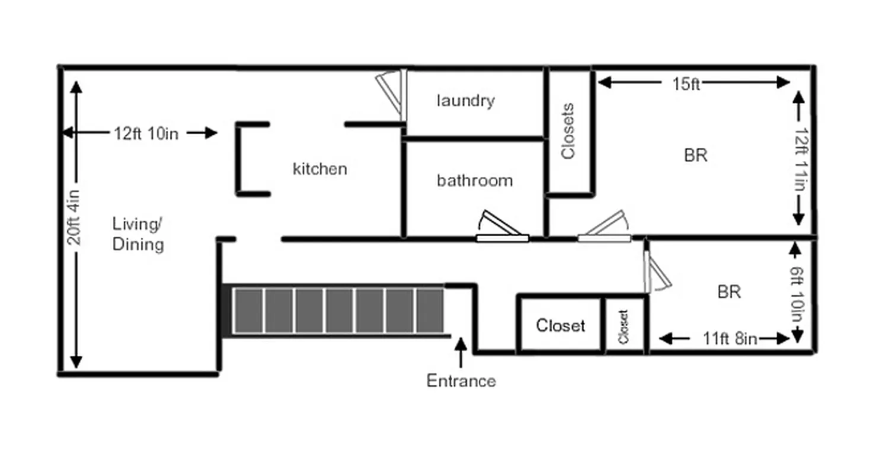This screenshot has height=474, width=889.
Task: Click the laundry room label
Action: tap(465, 101)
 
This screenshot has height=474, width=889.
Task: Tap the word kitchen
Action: tap(319, 169)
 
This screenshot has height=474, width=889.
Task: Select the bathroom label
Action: tap(475, 180)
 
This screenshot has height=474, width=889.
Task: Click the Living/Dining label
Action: tap(137, 235)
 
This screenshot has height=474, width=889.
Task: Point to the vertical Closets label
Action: tap(568, 132)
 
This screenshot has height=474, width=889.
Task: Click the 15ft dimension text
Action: tap(686, 84)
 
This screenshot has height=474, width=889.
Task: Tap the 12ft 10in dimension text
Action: tap(146, 133)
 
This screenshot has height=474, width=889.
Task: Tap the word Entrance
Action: tap(461, 381)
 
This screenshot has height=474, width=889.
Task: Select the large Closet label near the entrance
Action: tap(560, 325)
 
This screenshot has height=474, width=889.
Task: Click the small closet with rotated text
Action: tap(623, 326)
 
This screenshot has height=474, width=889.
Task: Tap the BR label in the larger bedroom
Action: tap(696, 155)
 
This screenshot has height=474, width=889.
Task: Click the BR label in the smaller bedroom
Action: tap(729, 292)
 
